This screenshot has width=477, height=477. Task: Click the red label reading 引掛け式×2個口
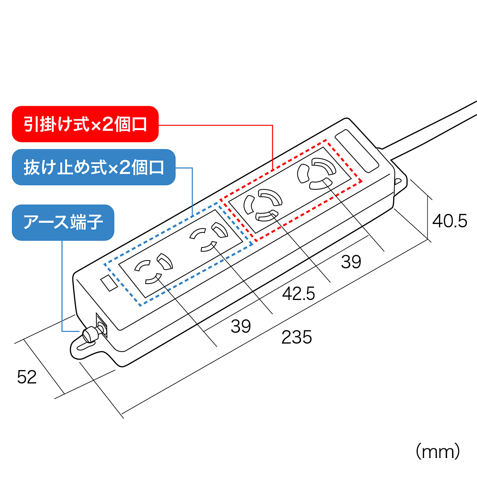click(85, 124)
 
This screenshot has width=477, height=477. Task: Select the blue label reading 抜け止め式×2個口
click(94, 167)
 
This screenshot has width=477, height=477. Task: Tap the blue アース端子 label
click(63, 222)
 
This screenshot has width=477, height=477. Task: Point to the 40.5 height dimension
click(449, 221)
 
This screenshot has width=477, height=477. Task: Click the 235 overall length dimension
click(297, 337)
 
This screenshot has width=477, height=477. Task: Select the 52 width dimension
click(27, 377)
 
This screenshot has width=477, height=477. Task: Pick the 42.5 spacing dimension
click(298, 294)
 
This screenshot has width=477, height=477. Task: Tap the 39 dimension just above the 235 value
click(241, 326)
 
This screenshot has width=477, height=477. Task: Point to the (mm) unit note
click(437, 451)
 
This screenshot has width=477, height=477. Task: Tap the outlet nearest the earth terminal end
click(154, 268)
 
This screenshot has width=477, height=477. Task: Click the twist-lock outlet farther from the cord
click(263, 205)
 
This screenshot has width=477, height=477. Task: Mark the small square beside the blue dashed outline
click(109, 283)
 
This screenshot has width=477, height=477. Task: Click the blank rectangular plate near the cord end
click(357, 151)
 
